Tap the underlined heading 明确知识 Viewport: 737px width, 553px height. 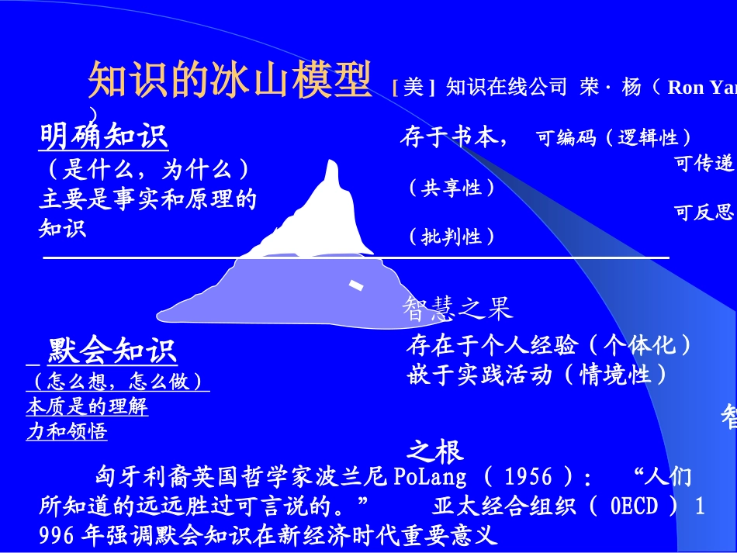(x=104, y=137)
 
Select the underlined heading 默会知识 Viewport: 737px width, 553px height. (x=112, y=351)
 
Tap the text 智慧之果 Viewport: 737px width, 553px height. (x=457, y=309)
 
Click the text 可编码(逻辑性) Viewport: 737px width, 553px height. (x=614, y=138)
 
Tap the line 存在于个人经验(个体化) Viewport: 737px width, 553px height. (x=548, y=344)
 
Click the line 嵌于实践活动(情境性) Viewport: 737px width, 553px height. (x=537, y=375)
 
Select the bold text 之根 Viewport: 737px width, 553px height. (x=435, y=451)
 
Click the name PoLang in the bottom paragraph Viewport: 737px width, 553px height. (x=431, y=475)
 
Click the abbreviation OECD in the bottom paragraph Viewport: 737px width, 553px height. (x=634, y=506)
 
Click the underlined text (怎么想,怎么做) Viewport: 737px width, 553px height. (x=117, y=382)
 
